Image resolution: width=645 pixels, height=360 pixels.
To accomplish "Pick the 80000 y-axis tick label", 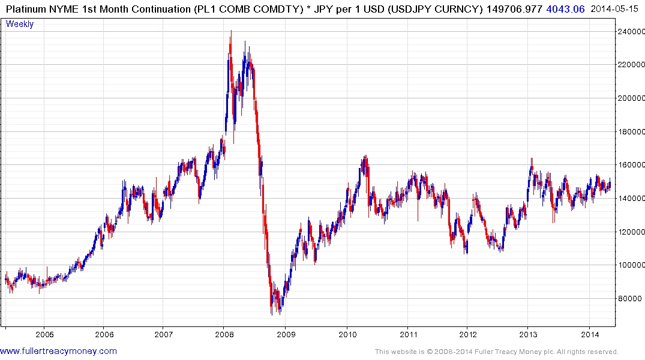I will (631, 298).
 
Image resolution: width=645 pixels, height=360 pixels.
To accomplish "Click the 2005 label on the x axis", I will (44, 334).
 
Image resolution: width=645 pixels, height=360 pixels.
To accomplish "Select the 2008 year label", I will (224, 334).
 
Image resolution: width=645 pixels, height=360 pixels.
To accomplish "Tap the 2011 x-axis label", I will (408, 334).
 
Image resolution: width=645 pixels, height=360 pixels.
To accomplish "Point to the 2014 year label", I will (590, 334).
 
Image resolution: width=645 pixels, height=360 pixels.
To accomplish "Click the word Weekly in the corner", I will (20, 24).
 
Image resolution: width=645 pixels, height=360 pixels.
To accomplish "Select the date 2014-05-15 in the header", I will (616, 9).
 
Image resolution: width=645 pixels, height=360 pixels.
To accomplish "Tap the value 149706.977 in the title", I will (512, 9).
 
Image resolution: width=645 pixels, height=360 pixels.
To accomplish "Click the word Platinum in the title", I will (26, 9).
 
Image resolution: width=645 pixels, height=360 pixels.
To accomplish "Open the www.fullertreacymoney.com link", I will (58, 351).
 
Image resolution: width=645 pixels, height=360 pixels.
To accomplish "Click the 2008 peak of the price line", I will (231, 32).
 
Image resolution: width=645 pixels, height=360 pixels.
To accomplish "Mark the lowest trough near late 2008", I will (272, 314).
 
